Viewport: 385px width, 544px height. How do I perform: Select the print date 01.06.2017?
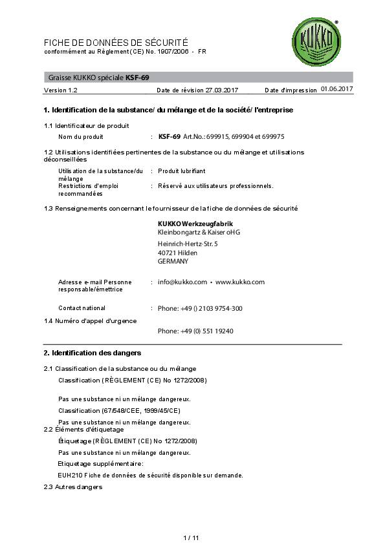336,89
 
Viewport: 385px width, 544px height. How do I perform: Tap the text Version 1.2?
60,90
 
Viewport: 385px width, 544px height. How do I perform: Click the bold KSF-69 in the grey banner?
137,78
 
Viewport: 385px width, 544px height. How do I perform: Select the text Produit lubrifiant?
182,171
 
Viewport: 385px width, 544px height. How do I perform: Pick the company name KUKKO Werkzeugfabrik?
190,224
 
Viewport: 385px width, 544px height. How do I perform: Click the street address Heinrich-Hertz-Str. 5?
188,244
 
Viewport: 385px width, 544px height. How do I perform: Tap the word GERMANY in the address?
173,262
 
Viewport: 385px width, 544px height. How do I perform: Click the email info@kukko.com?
182,282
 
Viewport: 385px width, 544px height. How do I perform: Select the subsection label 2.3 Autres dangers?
72,486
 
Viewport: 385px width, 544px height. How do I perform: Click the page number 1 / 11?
192,519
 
